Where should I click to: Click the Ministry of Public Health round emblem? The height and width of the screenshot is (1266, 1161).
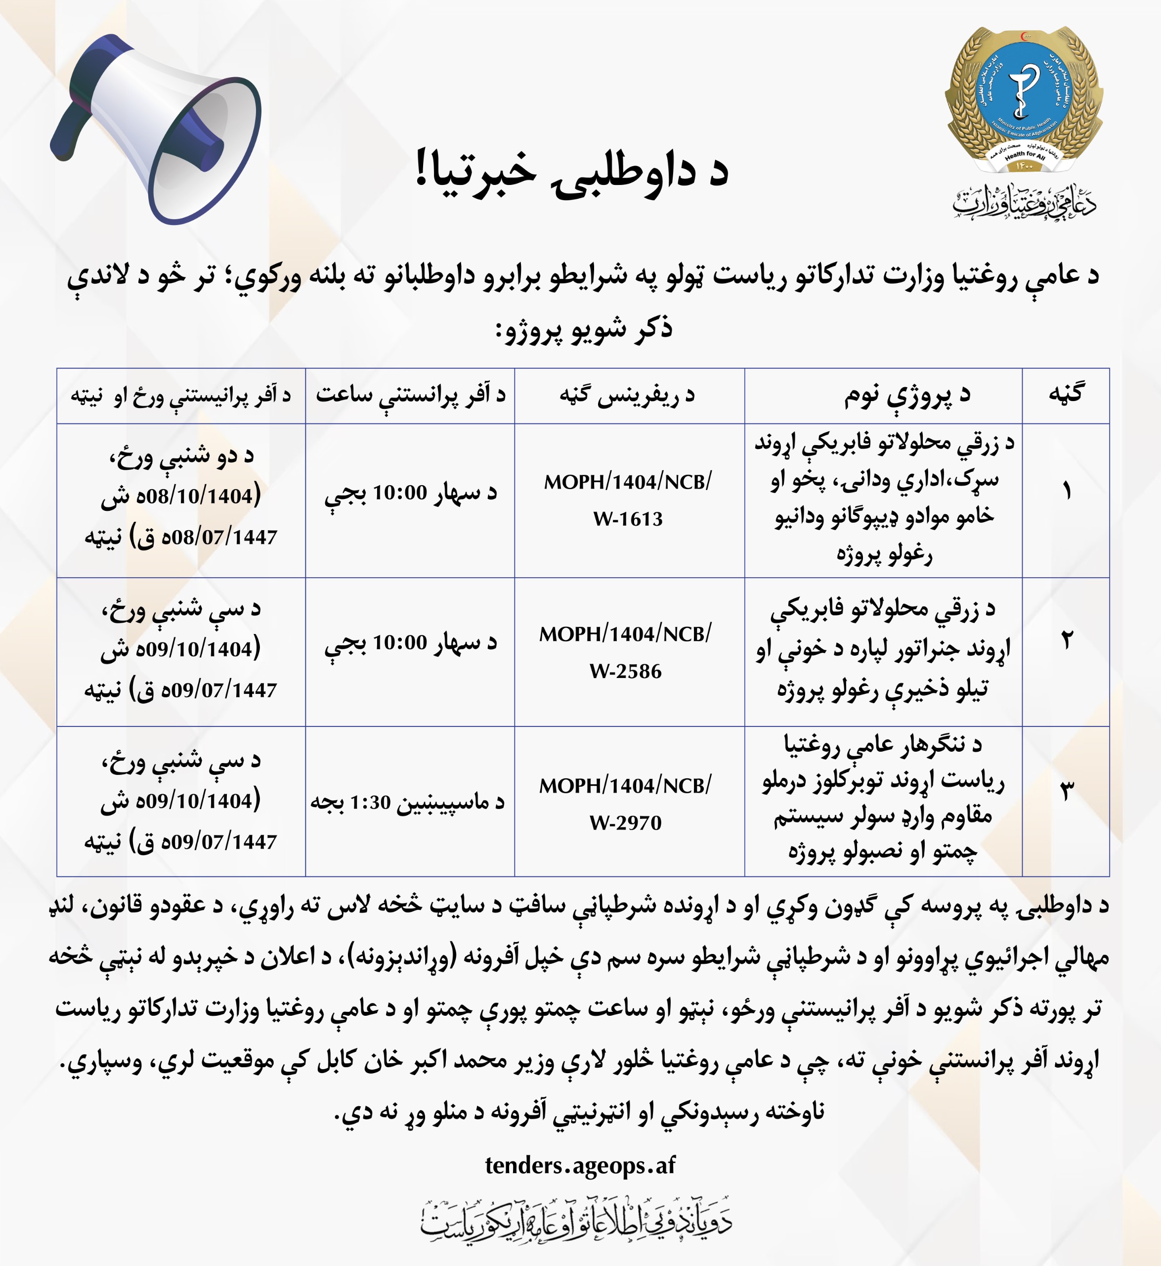(1024, 100)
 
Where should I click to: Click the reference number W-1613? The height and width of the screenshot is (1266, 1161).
(628, 519)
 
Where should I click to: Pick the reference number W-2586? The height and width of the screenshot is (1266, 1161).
(625, 672)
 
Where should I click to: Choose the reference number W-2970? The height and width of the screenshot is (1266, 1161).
(625, 823)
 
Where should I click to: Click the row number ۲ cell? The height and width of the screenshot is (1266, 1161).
(1066, 641)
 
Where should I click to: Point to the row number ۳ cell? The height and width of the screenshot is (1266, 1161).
(1066, 791)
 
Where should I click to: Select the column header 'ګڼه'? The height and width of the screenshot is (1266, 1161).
(1066, 394)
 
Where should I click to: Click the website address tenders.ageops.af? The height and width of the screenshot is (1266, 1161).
(580, 1165)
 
